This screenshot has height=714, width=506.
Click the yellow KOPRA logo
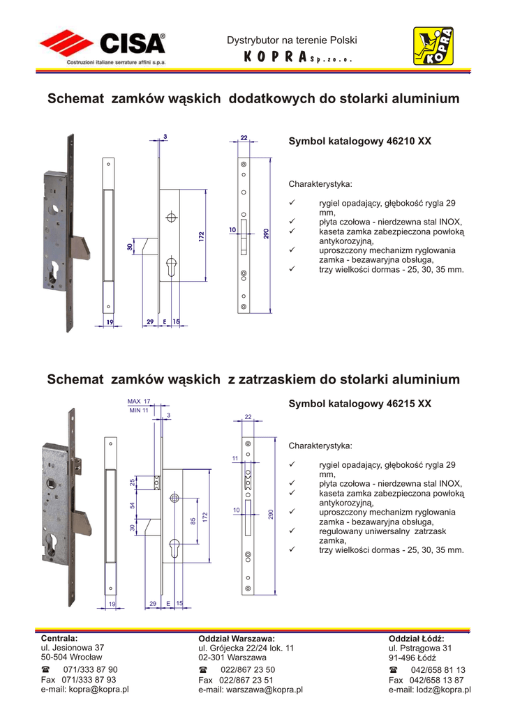tap(433, 48)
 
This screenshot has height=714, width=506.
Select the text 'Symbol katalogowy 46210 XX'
tap(360, 141)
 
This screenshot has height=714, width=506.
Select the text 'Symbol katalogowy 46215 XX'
tap(360, 404)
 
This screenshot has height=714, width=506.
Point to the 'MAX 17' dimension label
tap(139, 401)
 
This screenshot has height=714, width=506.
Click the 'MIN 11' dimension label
tap(139, 411)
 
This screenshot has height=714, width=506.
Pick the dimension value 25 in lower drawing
tap(132, 483)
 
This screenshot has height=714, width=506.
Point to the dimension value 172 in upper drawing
tap(201, 236)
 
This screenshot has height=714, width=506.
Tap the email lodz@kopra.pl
tap(443, 690)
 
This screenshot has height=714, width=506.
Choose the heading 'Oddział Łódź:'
tap(416, 639)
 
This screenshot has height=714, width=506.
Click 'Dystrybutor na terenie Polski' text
tap(292, 41)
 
